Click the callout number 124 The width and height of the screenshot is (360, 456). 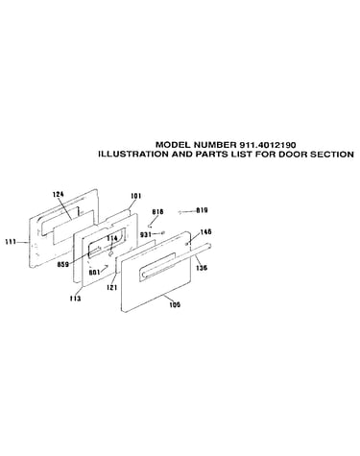[59, 194]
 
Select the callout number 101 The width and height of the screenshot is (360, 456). [135, 196]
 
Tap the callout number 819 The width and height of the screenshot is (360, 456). [202, 210]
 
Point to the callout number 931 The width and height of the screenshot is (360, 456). [145, 234]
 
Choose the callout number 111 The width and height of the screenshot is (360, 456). [11, 242]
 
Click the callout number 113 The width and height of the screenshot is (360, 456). [75, 299]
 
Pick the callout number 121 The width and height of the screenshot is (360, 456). [111, 288]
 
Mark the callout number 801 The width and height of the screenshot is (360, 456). [94, 273]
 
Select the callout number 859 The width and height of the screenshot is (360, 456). [63, 264]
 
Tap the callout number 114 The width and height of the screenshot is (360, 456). [112, 238]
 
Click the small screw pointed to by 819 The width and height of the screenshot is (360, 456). [180, 212]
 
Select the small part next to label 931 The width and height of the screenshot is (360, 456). [163, 232]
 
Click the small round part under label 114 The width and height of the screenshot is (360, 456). [110, 253]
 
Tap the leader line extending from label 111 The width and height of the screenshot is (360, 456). [23, 243]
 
